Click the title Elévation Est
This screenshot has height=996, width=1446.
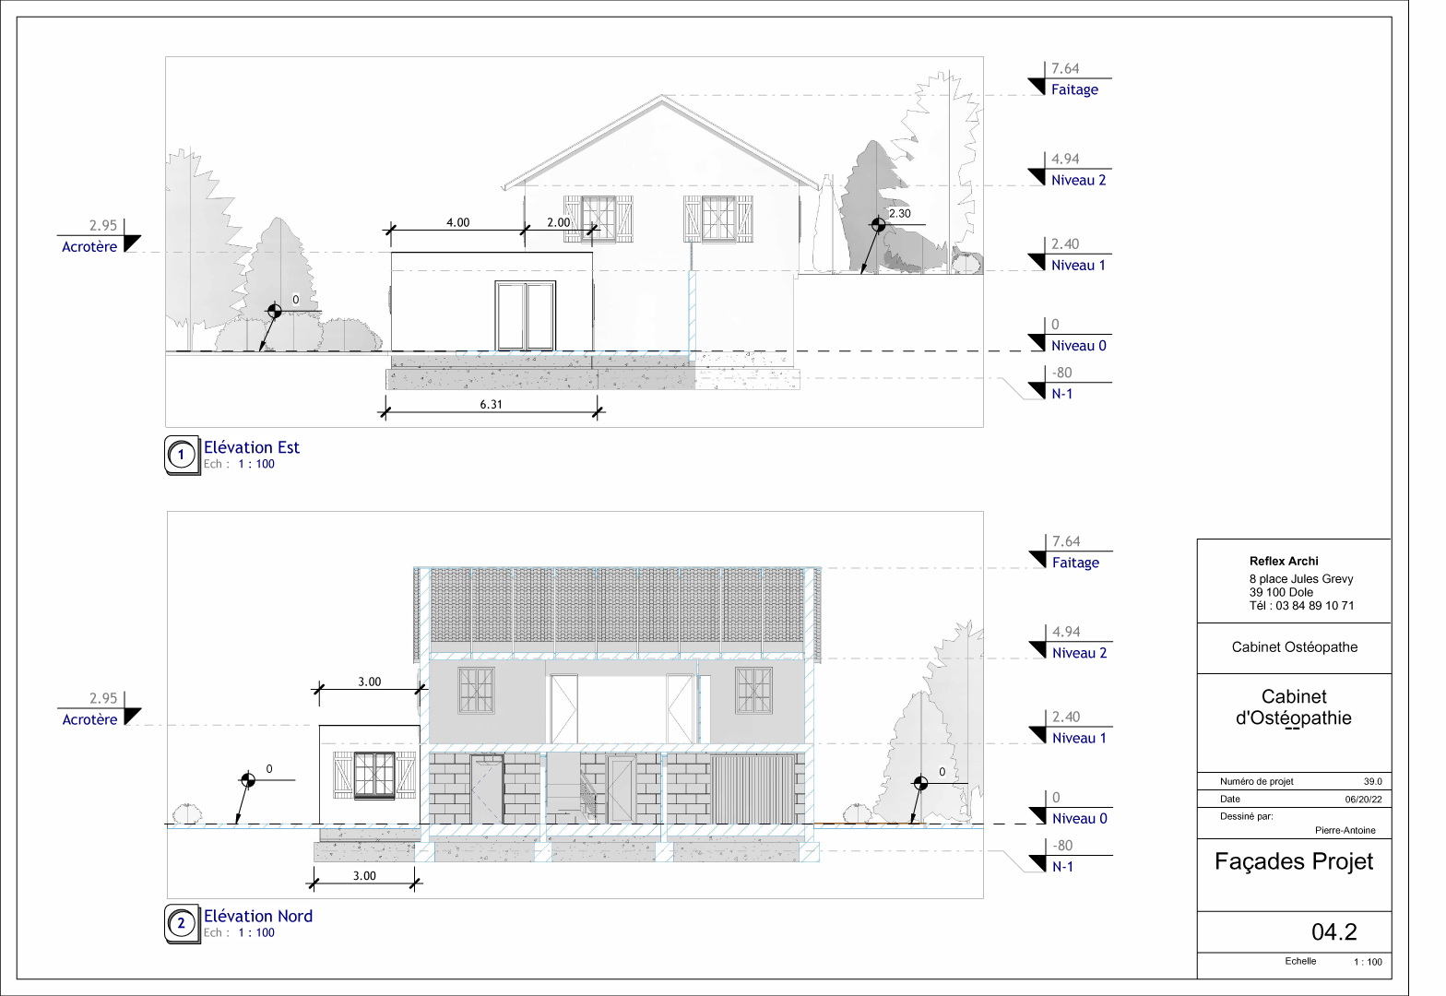251,447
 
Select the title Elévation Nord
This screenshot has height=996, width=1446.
257,916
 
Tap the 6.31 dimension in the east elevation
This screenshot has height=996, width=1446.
491,404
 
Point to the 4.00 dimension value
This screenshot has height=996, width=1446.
457,222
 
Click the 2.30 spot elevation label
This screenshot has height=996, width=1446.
899,213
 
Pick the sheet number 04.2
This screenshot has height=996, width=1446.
1333,931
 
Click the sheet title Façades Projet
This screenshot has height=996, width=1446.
1293,861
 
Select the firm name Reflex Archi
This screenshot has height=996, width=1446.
1284,561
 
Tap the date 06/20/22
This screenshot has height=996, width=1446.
1363,800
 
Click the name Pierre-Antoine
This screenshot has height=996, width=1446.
1345,830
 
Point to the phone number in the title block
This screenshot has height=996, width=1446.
1301,606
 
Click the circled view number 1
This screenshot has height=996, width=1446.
182,455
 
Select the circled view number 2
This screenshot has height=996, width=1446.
182,923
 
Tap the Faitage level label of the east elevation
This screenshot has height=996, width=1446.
1074,89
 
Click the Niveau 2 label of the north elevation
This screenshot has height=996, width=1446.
1079,653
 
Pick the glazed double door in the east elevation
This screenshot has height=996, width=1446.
526,315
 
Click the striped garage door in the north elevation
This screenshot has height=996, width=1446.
753,788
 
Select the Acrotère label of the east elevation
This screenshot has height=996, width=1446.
89,246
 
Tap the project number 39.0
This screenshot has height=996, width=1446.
1372,781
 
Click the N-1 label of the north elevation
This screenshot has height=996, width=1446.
1062,867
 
